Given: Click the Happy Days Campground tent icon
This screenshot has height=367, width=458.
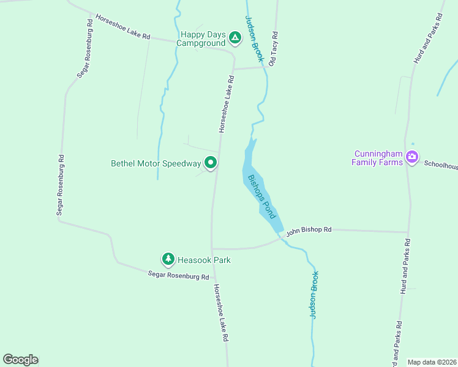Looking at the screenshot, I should (235, 39).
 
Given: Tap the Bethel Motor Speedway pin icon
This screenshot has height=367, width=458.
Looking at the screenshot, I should (211, 163).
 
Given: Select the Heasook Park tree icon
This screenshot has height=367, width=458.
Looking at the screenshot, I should (168, 259).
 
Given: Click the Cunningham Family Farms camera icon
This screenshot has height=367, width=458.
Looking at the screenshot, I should (412, 157).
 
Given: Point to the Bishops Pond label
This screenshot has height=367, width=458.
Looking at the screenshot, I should (262, 197).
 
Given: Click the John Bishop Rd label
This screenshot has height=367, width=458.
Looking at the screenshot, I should (309, 230).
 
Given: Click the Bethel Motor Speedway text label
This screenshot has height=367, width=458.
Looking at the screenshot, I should (156, 164).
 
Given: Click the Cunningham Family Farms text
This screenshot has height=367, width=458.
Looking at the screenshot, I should (377, 158).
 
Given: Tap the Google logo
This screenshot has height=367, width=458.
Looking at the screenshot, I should (20, 360).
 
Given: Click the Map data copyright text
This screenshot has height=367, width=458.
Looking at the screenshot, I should (432, 362).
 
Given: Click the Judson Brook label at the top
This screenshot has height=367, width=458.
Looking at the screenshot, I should (254, 39).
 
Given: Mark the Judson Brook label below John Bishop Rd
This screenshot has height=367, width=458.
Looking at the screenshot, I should (314, 295).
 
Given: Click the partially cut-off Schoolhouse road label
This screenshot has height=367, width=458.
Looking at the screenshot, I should (441, 165).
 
